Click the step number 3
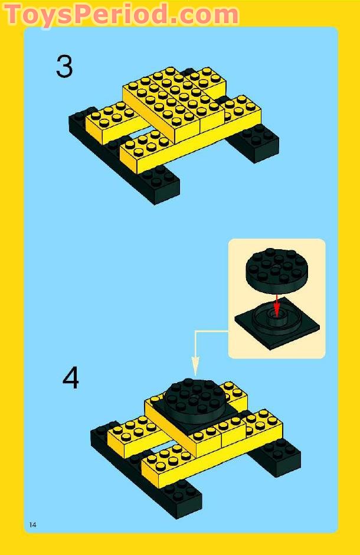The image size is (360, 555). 64,67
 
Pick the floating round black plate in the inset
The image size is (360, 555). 276,269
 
